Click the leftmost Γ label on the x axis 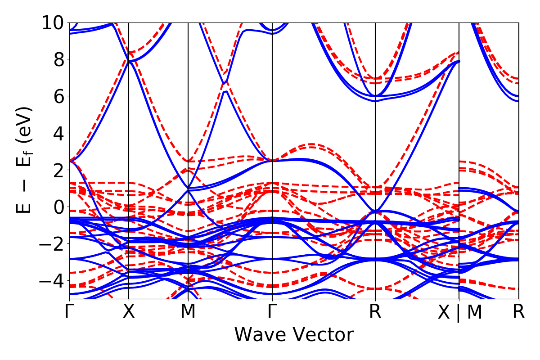coord(69,312)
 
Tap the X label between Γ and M coord(129,312)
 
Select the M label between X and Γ coord(188,312)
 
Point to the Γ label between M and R coord(272,312)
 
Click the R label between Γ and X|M coord(375,312)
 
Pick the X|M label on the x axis coord(459,313)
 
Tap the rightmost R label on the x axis coord(519,312)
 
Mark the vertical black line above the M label coord(188,135)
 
